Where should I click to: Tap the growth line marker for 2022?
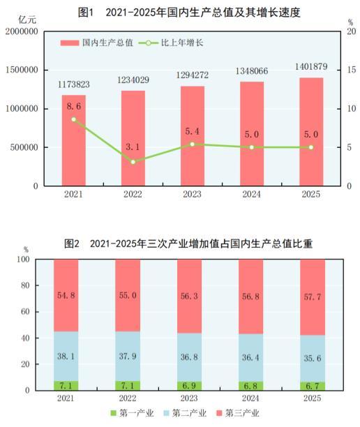tap(133, 162)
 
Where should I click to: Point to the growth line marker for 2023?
tap(192, 144)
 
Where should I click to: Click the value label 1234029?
tap(133, 80)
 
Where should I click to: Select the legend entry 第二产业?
tap(189, 413)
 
